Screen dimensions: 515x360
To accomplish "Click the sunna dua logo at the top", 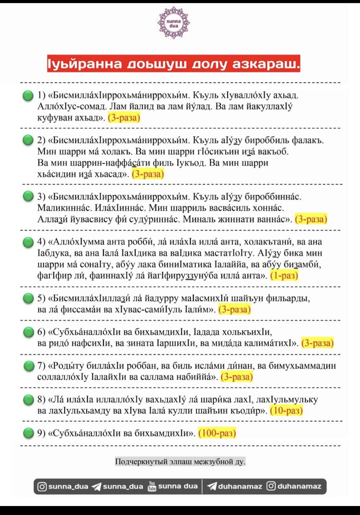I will [173, 23].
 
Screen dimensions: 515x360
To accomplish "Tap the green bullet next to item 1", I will [28, 96].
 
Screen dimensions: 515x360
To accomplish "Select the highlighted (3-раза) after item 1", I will [124, 118].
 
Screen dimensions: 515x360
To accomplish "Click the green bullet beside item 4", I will [28, 242].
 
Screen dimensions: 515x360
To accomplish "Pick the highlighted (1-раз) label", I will [284, 275].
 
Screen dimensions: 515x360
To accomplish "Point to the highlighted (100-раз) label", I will [217, 433].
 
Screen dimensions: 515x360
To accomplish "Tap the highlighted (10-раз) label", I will [286, 410].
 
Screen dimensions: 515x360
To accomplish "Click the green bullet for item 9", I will [28, 433].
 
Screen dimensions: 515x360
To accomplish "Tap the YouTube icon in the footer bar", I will [152, 486].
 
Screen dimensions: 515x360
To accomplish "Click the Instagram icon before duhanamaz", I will [271, 486].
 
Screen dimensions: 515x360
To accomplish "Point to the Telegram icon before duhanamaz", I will [212, 486].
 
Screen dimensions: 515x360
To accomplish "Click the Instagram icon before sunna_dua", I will [42, 487].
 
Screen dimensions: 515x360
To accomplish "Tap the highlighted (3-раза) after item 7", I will [237, 377].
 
